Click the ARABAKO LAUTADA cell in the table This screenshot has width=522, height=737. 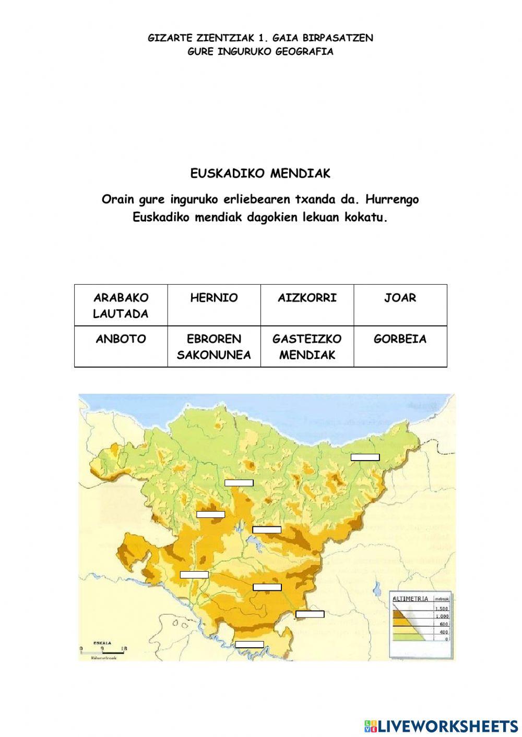121,305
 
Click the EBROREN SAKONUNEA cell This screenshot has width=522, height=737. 214,347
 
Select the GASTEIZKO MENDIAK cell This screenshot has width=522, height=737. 307,347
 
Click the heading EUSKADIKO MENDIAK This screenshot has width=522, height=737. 260,174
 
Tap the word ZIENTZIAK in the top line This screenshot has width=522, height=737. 225,38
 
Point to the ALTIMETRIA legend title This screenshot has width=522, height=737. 410,599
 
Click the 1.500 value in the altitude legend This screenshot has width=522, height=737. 442,609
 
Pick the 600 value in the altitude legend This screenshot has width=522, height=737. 444,624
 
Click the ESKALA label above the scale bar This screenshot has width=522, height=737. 102,643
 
